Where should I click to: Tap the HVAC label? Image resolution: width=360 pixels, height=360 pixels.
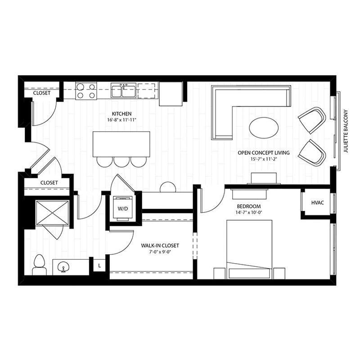(318, 203)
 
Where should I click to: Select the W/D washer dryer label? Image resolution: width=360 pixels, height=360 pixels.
(122, 209)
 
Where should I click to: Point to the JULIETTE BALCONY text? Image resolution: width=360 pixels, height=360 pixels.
(346, 131)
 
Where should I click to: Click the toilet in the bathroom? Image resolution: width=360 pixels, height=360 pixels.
(39, 264)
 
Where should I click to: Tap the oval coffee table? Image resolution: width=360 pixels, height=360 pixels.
(264, 127)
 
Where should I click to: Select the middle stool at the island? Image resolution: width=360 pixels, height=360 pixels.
(120, 161)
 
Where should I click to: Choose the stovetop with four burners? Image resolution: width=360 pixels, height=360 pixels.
(85, 91)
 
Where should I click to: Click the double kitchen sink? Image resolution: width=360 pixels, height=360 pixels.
(123, 91)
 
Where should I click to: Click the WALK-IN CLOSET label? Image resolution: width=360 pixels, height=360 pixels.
(160, 245)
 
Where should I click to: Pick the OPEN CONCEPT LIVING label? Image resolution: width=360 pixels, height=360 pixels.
(264, 153)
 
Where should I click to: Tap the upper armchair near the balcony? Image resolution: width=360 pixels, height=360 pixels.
(312, 120)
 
